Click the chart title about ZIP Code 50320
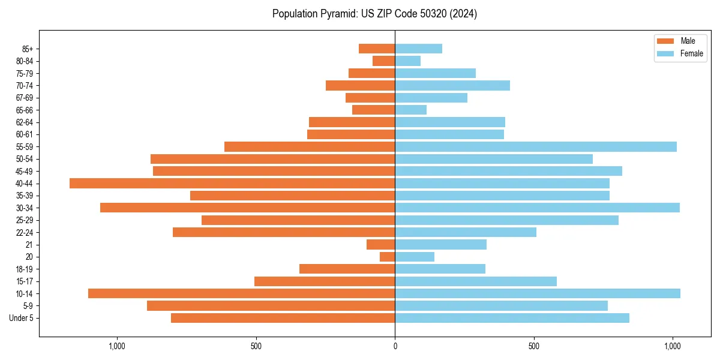374,14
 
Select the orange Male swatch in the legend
665,41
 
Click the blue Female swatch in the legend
665,53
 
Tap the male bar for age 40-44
232,184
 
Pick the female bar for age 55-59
536,147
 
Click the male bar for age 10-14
241,293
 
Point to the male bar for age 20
388,257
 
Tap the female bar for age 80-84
408,61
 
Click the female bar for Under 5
512,318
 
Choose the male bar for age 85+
377,49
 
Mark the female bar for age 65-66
411,110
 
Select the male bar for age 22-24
284,232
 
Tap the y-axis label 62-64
24,122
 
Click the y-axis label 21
29,245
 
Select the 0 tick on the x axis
395,346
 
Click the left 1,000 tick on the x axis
116,346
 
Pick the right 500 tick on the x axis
533,346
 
